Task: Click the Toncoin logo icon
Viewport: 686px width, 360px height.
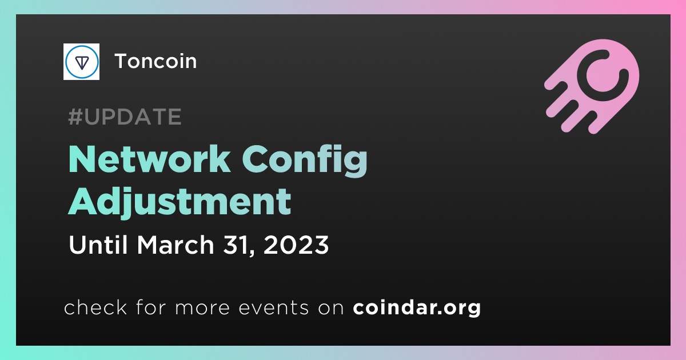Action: coord(81,62)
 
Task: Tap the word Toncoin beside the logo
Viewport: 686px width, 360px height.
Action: coord(155,61)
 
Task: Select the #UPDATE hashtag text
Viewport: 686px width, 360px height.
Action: coord(125,117)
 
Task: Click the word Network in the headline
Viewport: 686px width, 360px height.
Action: coord(150,160)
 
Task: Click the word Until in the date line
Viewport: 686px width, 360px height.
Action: coord(98,245)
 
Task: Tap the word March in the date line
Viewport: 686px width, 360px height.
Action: coord(175,245)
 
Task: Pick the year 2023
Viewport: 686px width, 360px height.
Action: coord(296,245)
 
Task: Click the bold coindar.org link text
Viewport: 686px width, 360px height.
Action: coord(417,307)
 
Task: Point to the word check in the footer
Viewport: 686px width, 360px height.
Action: coord(95,307)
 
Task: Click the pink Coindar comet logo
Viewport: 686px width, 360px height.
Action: coord(592,86)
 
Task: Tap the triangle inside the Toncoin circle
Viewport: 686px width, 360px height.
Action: coord(82,62)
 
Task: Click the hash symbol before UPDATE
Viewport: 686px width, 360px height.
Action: coord(75,117)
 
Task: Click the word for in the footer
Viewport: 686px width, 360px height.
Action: coord(151,307)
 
